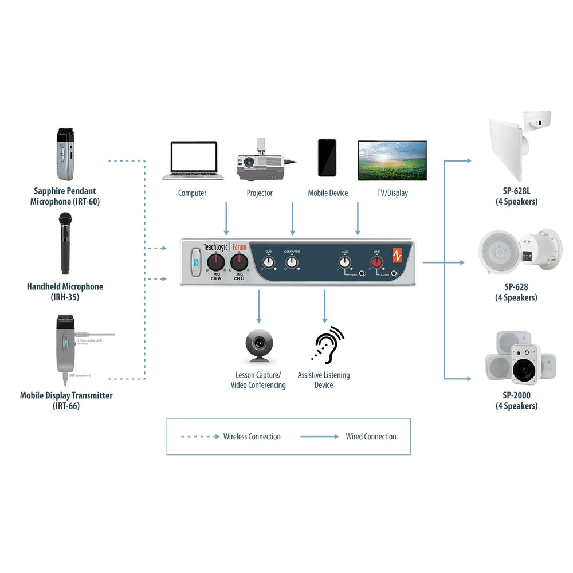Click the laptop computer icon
click(x=192, y=160)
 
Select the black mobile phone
click(x=327, y=158)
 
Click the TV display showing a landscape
click(x=392, y=160)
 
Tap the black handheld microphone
click(x=65, y=244)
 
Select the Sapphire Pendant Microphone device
click(x=65, y=154)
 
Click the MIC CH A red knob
click(x=215, y=263)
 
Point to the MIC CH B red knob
click(x=239, y=263)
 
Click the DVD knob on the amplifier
click(x=268, y=262)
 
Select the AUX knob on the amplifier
click(x=344, y=262)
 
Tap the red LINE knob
click(x=376, y=262)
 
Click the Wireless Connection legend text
click(x=252, y=437)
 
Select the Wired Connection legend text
click(x=371, y=437)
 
